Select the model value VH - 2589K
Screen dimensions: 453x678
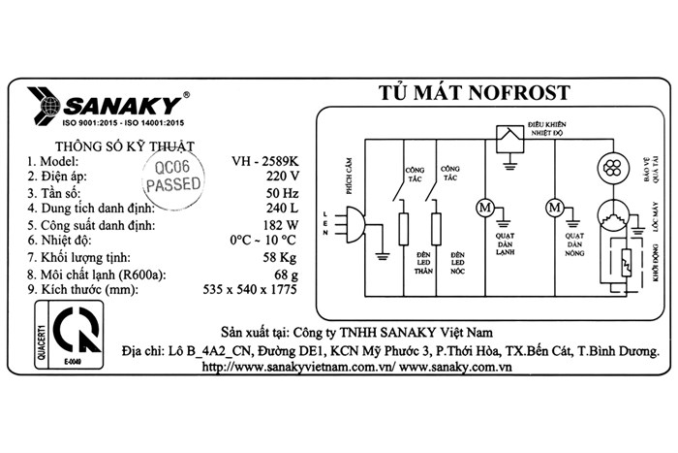265,160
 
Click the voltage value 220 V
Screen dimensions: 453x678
282,177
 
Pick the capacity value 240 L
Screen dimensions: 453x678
281,209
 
